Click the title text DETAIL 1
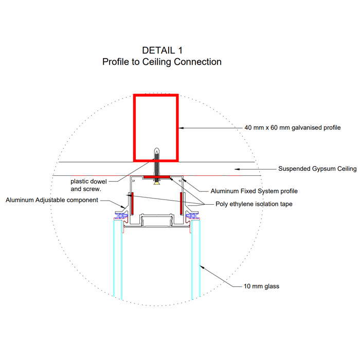pos(162,50)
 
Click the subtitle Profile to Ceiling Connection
pos(162,62)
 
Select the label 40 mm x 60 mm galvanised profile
pos(293,128)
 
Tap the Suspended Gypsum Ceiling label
pos(317,169)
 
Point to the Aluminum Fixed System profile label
pos(254,191)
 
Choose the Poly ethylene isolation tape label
pos(254,204)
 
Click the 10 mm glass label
pos(261,286)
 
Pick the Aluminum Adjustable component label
pos(52,200)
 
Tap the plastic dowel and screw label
pos(88,185)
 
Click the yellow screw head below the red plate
pos(156,183)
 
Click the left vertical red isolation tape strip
pos(132,204)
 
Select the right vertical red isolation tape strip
pos(181,204)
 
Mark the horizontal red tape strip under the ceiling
pos(156,177)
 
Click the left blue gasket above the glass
pos(121,216)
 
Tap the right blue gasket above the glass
pos(192,216)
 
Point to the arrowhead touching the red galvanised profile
pos(181,128)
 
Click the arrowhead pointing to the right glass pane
pos(202,267)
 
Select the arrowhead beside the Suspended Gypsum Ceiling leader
pos(237,169)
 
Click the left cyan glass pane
pos(118,259)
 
